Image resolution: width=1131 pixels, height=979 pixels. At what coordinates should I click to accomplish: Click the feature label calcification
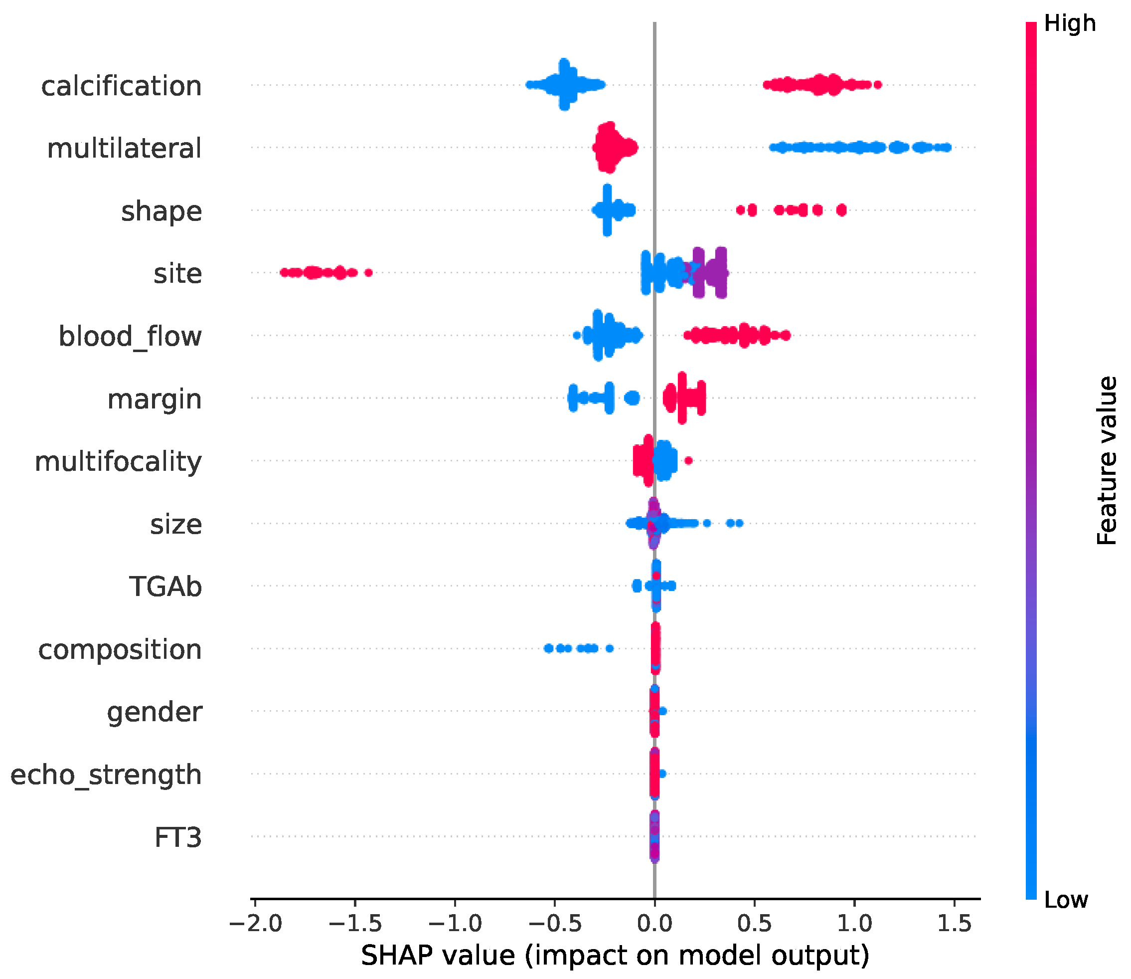pyautogui.click(x=121, y=86)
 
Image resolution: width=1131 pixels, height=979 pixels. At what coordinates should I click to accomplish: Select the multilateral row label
pyautogui.click(x=125, y=149)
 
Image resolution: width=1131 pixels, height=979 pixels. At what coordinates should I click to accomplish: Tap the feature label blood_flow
pyautogui.click(x=130, y=336)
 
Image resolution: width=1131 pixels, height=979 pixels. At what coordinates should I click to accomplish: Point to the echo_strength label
pyautogui.click(x=106, y=774)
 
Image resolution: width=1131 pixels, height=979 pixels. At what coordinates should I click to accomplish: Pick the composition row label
pyautogui.click(x=120, y=649)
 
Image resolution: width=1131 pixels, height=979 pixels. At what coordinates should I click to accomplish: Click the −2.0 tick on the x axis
pyautogui.click(x=255, y=923)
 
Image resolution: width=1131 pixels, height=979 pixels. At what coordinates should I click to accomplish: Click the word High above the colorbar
pyautogui.click(x=1069, y=23)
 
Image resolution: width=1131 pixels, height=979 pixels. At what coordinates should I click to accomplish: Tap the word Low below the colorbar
pyautogui.click(x=1066, y=900)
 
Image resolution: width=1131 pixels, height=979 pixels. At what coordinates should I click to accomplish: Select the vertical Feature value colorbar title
pyautogui.click(x=1107, y=460)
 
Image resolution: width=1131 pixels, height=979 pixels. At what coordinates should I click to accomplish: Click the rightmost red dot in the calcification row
pyautogui.click(x=878, y=85)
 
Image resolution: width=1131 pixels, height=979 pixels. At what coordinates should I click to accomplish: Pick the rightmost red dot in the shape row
pyautogui.click(x=841, y=210)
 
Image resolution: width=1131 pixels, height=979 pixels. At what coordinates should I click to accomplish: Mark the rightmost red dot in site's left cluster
pyautogui.click(x=369, y=273)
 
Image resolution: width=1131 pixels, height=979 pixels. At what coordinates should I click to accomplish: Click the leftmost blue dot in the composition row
pyautogui.click(x=548, y=648)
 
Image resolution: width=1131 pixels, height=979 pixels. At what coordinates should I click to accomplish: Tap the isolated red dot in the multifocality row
pyautogui.click(x=688, y=460)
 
